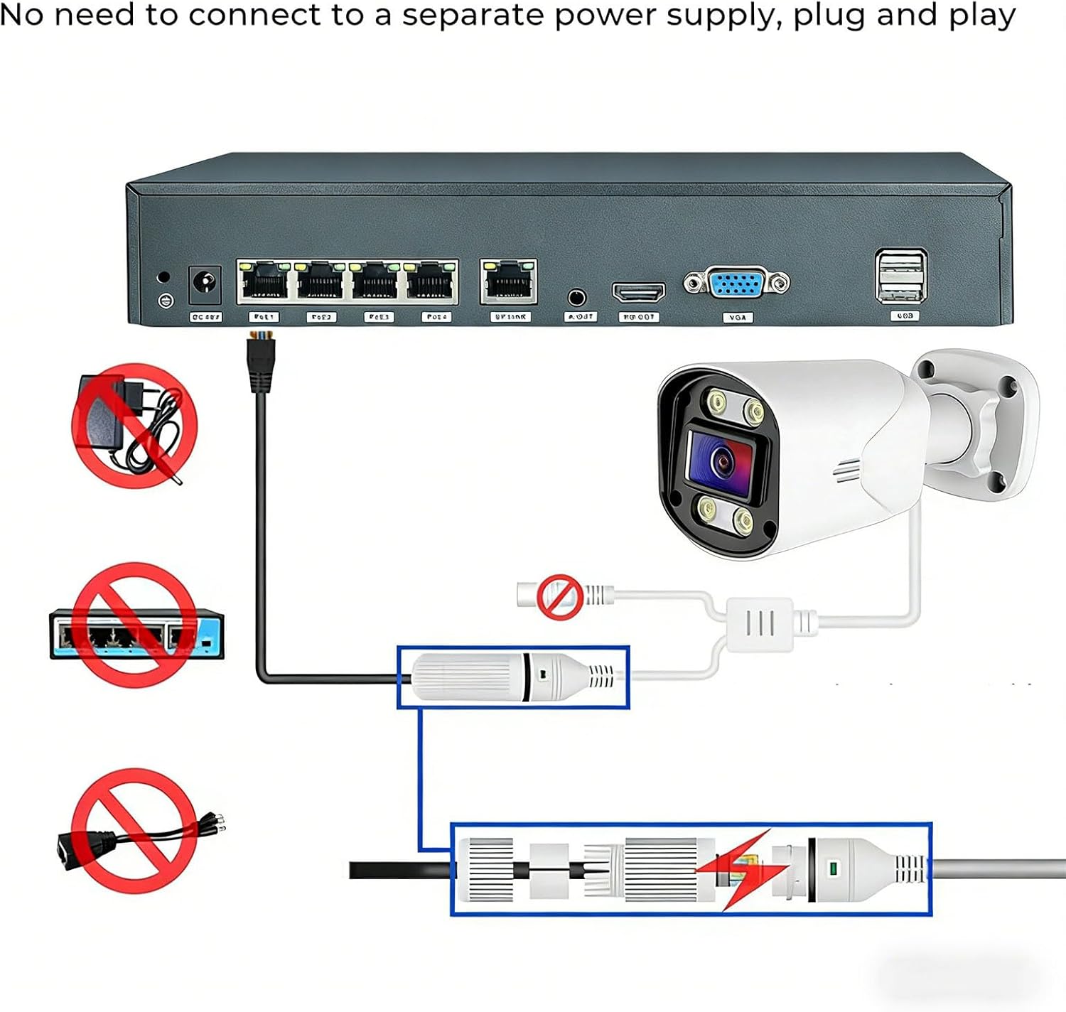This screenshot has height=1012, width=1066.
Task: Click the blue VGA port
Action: (736, 284)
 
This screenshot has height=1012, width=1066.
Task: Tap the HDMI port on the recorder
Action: (638, 291)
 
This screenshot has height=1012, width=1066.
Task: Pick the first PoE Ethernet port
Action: (264, 281)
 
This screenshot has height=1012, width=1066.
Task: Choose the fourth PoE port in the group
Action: (431, 281)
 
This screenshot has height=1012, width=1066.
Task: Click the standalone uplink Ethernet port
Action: (509, 281)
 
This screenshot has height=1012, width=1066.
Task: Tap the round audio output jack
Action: (577, 296)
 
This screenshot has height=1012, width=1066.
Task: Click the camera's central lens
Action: (722, 461)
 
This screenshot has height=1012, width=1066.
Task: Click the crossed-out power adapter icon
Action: (134, 426)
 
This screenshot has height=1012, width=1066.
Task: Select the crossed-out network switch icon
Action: (134, 625)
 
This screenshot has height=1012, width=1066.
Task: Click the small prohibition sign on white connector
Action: (559, 597)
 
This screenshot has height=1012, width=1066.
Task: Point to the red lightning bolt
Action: (743, 868)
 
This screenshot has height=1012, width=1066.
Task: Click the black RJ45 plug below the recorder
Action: (261, 364)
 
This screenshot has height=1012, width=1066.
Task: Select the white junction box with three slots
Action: (759, 624)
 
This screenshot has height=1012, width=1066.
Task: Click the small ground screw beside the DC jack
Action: (166, 301)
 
